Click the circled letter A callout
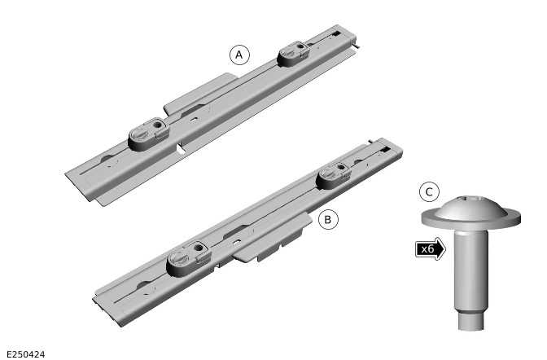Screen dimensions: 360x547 coord(238,55)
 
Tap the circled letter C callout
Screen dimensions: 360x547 coord(429,193)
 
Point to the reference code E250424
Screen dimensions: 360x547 coord(25,353)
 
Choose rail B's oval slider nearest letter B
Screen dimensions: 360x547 coord(333,173)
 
